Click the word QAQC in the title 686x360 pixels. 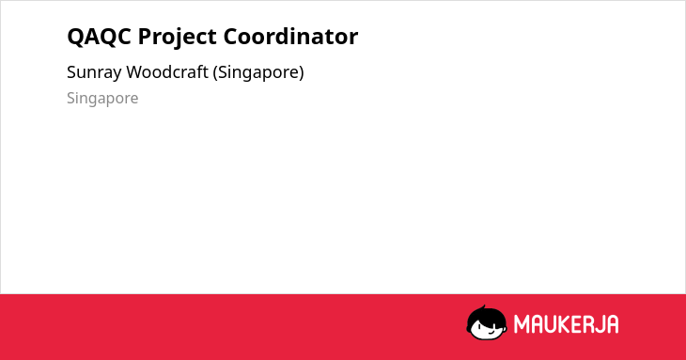(x=99, y=37)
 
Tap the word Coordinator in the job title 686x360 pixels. (x=290, y=37)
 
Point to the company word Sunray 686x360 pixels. (x=94, y=73)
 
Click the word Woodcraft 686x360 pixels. (x=167, y=72)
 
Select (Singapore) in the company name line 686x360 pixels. (x=258, y=73)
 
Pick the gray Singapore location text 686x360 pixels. (x=102, y=99)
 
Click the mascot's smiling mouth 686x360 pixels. (x=491, y=332)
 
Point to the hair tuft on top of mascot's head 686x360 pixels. (x=483, y=307)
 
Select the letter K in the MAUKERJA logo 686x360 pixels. (x=564, y=324)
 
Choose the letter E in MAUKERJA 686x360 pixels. (x=577, y=324)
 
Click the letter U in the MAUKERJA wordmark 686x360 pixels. (x=550, y=324)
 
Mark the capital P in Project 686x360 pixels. (x=145, y=37)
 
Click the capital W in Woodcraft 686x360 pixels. (x=136, y=72)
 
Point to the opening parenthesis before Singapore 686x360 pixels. (x=215, y=73)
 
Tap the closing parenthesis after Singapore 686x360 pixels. (x=302, y=73)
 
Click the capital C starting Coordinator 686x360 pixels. (x=231, y=37)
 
